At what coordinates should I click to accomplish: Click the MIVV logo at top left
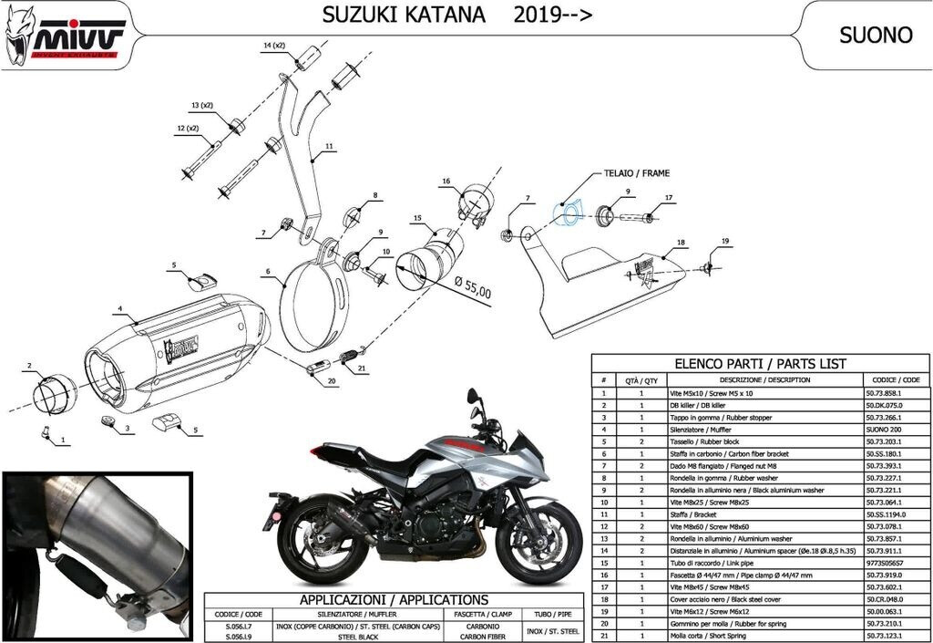tap(62, 36)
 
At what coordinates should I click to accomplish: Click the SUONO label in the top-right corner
tap(875, 36)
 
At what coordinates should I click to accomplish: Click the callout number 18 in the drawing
tap(680, 243)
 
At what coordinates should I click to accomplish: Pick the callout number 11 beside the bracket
tap(329, 145)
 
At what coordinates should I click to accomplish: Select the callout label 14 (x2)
tap(274, 45)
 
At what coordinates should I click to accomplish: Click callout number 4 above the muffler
tap(118, 310)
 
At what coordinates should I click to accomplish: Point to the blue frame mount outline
tap(570, 213)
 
